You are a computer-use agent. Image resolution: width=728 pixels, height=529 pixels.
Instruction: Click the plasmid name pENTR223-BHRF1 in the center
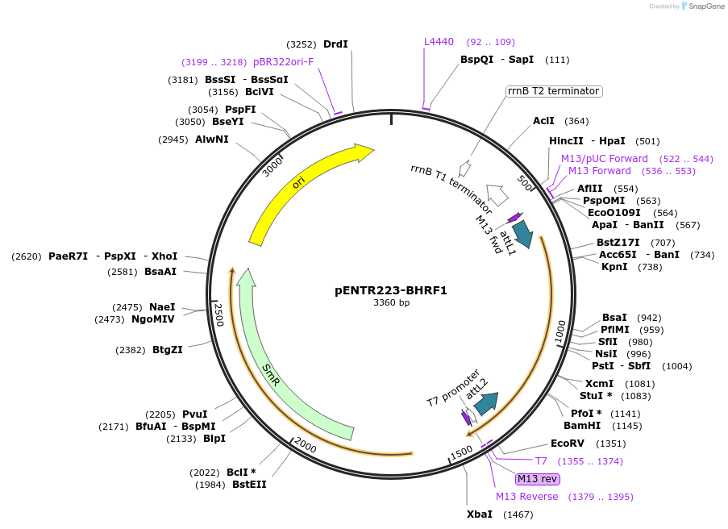(391, 290)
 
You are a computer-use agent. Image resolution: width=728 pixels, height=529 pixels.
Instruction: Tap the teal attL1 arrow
(522, 233)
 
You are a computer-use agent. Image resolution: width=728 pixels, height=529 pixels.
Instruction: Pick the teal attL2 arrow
(486, 402)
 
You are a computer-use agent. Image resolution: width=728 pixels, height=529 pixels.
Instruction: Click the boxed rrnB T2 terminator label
(553, 91)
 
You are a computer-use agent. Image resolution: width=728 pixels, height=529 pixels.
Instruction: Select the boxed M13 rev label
(538, 479)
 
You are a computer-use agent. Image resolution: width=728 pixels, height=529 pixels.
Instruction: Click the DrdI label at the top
(335, 44)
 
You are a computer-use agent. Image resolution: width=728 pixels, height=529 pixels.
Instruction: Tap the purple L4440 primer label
(439, 42)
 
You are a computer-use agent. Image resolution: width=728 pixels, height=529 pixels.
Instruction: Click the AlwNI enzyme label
(212, 140)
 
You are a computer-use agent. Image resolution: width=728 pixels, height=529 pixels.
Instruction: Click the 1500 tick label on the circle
(461, 453)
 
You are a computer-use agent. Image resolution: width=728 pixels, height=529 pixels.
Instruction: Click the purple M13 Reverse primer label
(526, 497)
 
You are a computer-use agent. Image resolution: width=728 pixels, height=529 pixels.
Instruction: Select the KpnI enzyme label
(614, 267)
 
